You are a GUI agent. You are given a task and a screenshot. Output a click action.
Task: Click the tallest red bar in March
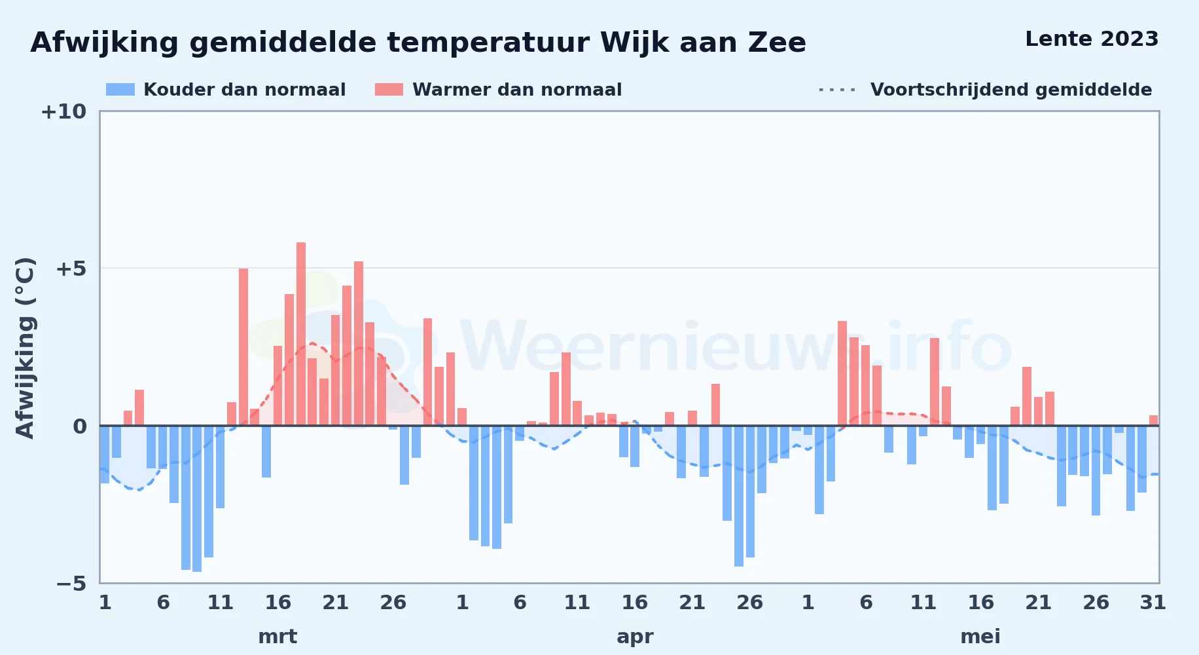coord(301,334)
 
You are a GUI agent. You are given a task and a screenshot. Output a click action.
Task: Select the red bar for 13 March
coord(243,347)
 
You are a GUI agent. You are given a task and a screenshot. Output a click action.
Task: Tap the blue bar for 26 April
coord(750,491)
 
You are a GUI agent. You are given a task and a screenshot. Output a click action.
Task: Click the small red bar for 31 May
coord(1153,421)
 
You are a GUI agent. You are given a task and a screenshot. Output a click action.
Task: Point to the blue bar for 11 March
coord(221,467)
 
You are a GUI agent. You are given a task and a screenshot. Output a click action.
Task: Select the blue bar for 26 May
coord(1096,470)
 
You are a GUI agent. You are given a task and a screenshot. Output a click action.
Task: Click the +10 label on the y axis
coord(63,111)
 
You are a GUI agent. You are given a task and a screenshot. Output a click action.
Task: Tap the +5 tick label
coord(71,269)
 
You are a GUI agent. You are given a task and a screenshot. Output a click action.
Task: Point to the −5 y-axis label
coord(71,583)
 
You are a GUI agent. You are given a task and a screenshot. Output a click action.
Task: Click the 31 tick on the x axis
coord(1153,602)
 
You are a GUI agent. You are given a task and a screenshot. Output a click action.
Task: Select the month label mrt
coord(277,637)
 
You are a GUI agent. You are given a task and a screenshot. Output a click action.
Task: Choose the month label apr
coord(635,637)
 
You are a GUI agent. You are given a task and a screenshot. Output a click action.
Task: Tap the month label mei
coord(980,637)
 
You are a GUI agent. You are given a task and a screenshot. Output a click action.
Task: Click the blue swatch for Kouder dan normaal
coord(120,90)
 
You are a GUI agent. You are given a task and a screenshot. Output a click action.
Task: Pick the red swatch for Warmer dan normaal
coord(389,90)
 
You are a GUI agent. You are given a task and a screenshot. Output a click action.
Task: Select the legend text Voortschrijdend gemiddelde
coord(1011,90)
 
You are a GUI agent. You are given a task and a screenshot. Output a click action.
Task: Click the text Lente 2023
coord(1092,39)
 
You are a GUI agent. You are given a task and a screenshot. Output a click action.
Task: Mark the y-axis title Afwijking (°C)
coord(25,347)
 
